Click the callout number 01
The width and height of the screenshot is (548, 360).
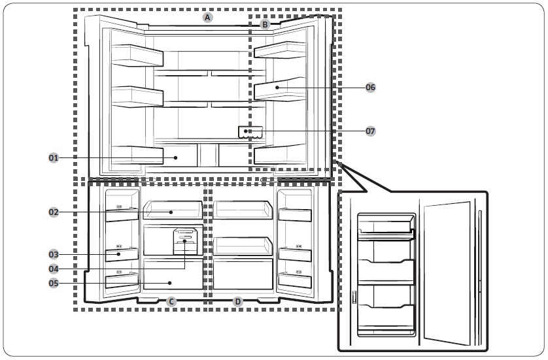tap(54, 158)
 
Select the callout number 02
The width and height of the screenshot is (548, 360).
tap(54, 212)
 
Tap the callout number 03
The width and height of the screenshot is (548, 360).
tap(54, 254)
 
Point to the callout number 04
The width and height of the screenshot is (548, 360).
tap(54, 269)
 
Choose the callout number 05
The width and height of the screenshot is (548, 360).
tap(54, 283)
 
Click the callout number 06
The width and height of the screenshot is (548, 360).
tap(371, 88)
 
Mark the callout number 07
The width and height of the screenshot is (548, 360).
tap(371, 131)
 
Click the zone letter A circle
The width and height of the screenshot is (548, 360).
tap(207, 18)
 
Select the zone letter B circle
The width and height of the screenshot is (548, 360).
tap(265, 24)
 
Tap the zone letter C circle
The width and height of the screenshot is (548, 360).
tap(171, 302)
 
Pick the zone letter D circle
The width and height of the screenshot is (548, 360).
tap(237, 302)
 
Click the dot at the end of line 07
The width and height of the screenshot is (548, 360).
tap(246, 131)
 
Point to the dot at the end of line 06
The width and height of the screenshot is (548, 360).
tap(277, 88)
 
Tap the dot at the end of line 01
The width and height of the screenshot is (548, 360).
tap(176, 158)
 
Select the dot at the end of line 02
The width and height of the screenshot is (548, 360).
tap(171, 212)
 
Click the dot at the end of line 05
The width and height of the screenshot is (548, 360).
tap(170, 283)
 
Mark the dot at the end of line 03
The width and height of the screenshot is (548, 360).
tap(119, 254)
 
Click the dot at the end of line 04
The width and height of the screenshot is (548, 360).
tap(184, 241)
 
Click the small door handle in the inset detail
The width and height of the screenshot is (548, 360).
tap(354, 297)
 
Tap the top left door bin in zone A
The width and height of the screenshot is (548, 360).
tap(137, 56)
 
